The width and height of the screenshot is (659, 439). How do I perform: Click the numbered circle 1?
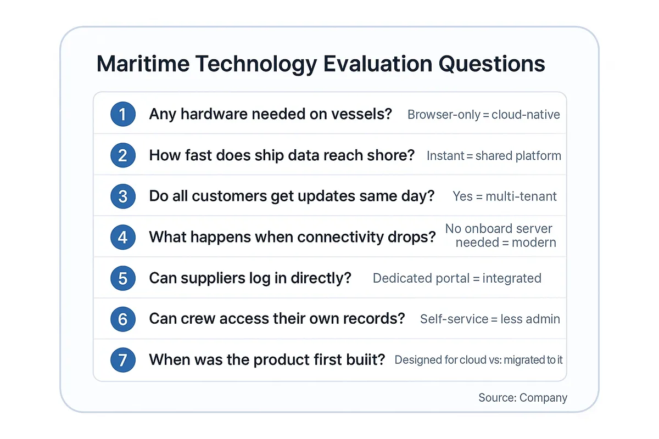(x=122, y=114)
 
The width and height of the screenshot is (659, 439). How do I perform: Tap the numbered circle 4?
(x=122, y=237)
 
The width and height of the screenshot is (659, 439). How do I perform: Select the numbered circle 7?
(x=122, y=360)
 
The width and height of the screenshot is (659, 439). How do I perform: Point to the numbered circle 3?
(x=122, y=196)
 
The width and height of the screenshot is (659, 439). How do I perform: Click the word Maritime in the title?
(x=143, y=64)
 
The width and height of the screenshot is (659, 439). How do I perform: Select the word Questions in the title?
(x=492, y=64)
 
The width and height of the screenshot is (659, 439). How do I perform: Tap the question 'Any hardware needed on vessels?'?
(x=270, y=114)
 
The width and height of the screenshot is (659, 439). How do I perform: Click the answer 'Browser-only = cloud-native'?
(x=483, y=115)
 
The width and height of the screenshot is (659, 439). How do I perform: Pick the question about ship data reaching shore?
(x=282, y=155)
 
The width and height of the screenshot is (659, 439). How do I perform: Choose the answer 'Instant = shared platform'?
(x=494, y=156)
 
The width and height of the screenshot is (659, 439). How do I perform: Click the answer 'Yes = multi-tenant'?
(x=505, y=196)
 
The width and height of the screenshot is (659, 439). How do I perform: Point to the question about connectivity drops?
(x=292, y=237)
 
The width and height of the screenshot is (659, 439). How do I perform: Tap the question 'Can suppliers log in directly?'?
(x=250, y=278)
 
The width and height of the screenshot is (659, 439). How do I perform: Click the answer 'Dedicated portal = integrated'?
(x=457, y=278)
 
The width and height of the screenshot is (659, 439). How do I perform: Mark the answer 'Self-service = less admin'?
(x=490, y=319)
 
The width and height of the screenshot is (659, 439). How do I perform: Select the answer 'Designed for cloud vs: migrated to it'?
(x=478, y=361)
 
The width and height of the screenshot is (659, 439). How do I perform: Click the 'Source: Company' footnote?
(x=522, y=398)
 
